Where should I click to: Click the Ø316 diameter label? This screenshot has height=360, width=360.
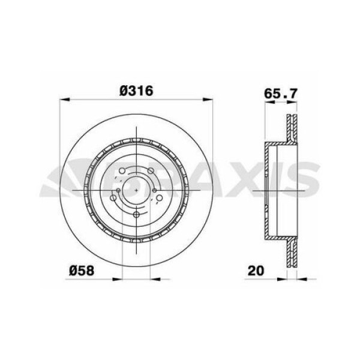point(137,91)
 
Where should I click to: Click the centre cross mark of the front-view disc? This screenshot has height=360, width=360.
point(137,191)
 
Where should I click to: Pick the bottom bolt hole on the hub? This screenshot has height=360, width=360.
point(137,215)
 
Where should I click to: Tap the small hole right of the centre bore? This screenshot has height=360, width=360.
point(155,191)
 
